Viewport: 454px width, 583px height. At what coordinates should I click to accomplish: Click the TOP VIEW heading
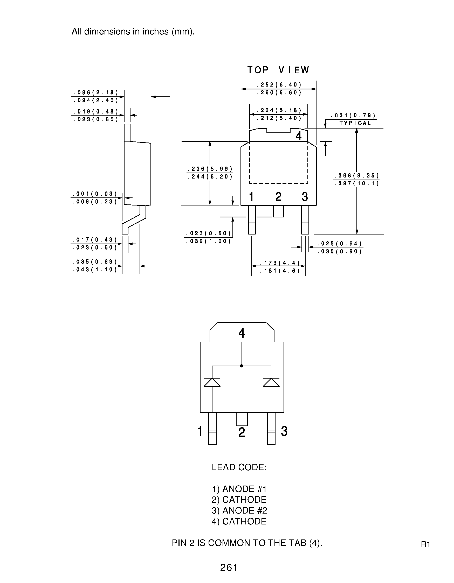[x=278, y=70]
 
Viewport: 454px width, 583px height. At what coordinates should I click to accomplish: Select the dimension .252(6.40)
[x=279, y=85]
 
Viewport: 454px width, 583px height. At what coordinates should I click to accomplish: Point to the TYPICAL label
[x=355, y=123]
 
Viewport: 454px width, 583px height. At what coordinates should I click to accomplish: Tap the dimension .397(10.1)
[x=356, y=183]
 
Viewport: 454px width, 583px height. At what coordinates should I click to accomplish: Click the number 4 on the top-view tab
[x=299, y=136]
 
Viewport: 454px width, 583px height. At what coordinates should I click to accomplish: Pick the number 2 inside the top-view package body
[x=278, y=197]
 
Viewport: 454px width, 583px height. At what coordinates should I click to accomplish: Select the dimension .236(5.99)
[x=210, y=169]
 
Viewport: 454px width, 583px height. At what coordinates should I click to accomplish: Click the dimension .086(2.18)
[x=96, y=93]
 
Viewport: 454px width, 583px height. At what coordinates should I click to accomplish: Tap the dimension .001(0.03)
[x=95, y=194]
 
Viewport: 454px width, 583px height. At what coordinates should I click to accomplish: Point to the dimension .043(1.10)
[x=95, y=270]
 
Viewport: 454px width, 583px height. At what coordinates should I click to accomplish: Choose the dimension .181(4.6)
[x=280, y=271]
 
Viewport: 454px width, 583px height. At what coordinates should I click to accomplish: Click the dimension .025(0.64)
[x=340, y=244]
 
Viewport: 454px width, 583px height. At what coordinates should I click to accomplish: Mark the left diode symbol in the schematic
[x=212, y=382]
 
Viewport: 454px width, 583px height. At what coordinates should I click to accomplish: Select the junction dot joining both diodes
[x=242, y=366]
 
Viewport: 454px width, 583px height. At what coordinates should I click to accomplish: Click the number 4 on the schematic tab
[x=242, y=333]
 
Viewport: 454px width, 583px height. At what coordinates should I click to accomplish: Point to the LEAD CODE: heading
[x=239, y=467]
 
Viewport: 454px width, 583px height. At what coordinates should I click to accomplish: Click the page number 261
[x=229, y=567]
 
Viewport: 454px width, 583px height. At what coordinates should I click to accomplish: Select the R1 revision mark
[x=425, y=544]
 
